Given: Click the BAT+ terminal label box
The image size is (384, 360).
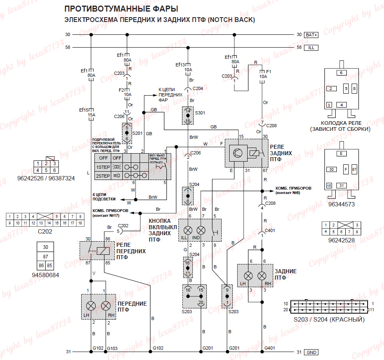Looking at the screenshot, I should (312, 35).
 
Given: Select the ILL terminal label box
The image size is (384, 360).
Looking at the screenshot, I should (311, 47).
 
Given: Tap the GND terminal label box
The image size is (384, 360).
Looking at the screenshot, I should (311, 352).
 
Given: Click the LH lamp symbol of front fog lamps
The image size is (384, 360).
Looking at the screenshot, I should (91, 306).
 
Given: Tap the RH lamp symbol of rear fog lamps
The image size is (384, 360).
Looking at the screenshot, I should (262, 276).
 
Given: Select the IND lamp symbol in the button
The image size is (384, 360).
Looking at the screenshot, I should (201, 230).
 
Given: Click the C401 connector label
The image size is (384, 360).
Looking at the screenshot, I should (270, 231).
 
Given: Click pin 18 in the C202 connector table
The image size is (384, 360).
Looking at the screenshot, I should (80, 223).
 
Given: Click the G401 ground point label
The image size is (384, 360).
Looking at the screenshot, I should (270, 348).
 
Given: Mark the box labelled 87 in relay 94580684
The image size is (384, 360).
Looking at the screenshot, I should (46, 256).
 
